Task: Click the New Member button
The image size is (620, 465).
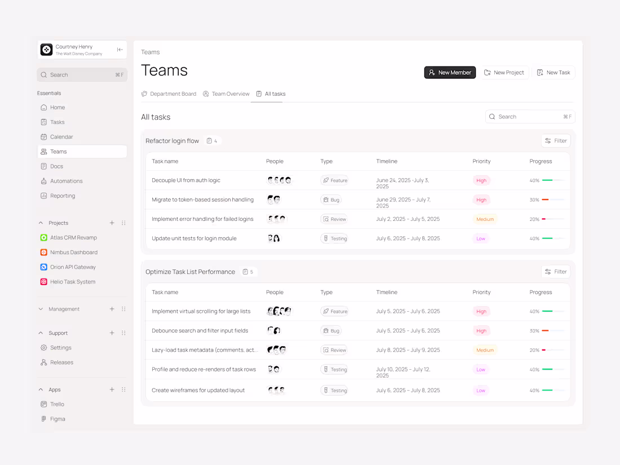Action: pyautogui.click(x=450, y=72)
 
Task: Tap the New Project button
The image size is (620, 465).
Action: pyautogui.click(x=504, y=72)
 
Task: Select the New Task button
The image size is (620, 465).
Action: pyautogui.click(x=553, y=72)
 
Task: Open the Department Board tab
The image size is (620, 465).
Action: pyautogui.click(x=169, y=94)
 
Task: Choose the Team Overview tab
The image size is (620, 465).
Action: pyautogui.click(x=226, y=94)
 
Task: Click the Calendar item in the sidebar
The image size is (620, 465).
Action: pyautogui.click(x=61, y=137)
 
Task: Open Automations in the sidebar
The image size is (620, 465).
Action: pyautogui.click(x=66, y=181)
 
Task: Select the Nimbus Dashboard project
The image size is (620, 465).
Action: pyautogui.click(x=73, y=253)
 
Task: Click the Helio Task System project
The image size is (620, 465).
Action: pyautogui.click(x=72, y=282)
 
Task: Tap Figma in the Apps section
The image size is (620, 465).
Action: pyautogui.click(x=57, y=419)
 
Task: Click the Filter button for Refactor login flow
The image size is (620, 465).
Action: pyautogui.click(x=556, y=141)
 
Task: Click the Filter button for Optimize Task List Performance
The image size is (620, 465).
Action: pyautogui.click(x=556, y=272)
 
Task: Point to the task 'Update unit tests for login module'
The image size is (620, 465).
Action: pyautogui.click(x=194, y=238)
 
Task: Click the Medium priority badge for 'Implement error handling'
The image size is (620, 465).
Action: pyautogui.click(x=485, y=219)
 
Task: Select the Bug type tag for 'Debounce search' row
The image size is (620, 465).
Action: pyautogui.click(x=331, y=331)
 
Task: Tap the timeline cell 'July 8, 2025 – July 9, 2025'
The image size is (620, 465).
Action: pyautogui.click(x=408, y=350)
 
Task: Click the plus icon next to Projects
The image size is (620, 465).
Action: pyautogui.click(x=112, y=223)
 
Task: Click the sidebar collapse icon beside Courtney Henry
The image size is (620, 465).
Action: pyautogui.click(x=119, y=50)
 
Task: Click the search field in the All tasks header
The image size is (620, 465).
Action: pyautogui.click(x=530, y=117)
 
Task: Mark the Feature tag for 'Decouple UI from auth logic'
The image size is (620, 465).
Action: pyautogui.click(x=335, y=180)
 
